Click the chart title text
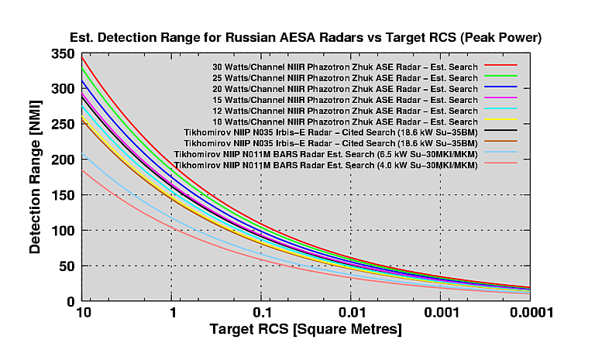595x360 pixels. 305,36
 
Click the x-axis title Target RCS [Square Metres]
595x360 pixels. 305,331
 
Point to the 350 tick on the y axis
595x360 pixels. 64,54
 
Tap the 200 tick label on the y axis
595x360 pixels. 64,159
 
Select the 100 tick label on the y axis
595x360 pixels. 64,231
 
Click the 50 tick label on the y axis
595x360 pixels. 67,266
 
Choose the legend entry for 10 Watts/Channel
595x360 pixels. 345,122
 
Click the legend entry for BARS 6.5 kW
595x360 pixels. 325,155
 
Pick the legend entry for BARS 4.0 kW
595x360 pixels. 325,166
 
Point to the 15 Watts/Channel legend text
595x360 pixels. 345,100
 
